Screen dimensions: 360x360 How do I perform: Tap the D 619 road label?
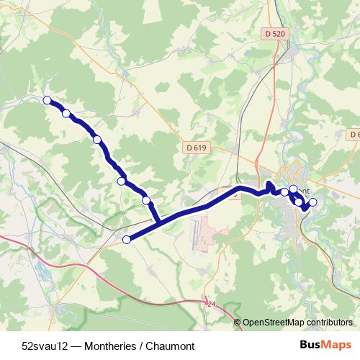(196, 148)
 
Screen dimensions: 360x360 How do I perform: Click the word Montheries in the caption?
(110, 346)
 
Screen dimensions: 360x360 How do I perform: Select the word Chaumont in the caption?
(171, 346)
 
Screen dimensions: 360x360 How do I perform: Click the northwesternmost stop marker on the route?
(48, 100)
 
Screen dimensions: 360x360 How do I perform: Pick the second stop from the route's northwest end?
(66, 113)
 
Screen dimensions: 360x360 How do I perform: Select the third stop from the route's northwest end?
(96, 140)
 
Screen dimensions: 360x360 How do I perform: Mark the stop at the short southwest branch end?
(127, 240)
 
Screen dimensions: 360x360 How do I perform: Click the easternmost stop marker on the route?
(312, 202)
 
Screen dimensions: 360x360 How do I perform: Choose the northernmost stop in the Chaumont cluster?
(293, 189)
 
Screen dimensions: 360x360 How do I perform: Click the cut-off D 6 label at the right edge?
(354, 135)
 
